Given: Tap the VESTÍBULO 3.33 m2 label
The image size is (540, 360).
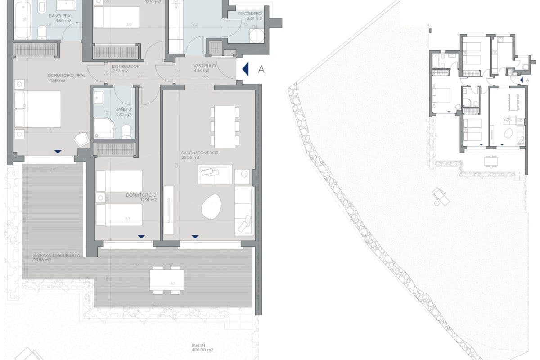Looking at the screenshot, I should coord(204,68).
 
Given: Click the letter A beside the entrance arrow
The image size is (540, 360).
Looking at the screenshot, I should coord(261,69).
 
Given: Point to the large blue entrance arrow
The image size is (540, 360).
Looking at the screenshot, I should coord(245,69).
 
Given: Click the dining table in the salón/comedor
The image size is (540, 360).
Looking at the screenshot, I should coord(224,126).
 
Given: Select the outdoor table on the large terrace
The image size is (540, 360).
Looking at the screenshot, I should coord(166,279).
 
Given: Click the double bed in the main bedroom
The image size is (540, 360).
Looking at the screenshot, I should coord(38,109).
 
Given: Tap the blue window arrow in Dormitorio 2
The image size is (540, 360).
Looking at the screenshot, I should coord(141,236).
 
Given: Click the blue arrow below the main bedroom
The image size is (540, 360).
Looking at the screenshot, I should coord(58,152).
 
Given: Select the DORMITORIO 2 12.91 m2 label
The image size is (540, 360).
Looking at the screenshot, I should coord(141,198).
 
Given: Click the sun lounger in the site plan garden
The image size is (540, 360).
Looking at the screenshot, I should coord(441,197).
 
